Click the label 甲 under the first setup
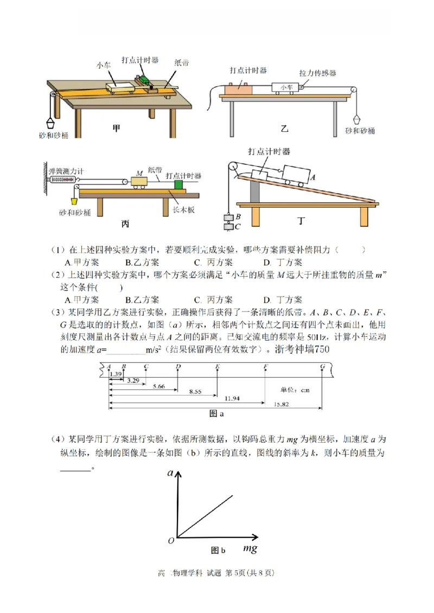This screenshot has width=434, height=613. point(116,129)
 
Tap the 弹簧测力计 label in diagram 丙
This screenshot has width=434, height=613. point(66,171)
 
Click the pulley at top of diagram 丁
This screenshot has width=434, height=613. point(233,167)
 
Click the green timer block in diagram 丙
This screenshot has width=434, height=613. point(178,185)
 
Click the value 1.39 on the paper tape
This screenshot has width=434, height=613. point(115,374)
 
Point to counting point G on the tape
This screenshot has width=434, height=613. point(322,367)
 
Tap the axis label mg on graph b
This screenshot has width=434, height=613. point(250,548)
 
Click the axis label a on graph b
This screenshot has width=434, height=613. point(170,474)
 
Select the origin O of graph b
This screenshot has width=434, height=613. point(171,540)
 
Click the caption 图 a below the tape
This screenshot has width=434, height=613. point(217,413)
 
